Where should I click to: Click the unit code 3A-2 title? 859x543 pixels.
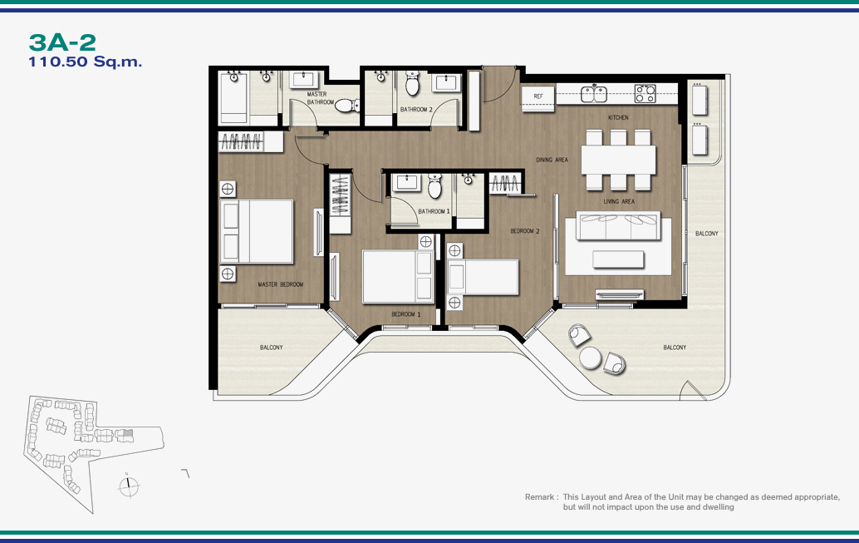pos(62,42)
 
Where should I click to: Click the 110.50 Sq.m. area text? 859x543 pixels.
pos(85,62)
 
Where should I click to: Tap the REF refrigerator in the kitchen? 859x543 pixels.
pos(538,97)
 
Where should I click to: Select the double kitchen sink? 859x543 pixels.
pos(593,94)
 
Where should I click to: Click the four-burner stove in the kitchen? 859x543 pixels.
pos(645,93)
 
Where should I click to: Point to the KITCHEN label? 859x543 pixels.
pos(618,117)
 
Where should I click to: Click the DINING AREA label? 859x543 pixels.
pos(552,160)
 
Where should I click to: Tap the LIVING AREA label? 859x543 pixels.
pos(619,201)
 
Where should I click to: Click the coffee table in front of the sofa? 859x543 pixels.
pos(618,259)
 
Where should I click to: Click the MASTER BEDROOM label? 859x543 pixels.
pos(281,284)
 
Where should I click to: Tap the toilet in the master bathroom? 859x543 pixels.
pos(346,105)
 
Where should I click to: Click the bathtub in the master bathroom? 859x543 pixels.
pos(234,97)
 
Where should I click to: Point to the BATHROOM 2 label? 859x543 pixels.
pos(416,109)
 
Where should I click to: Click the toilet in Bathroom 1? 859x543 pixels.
pos(435,186)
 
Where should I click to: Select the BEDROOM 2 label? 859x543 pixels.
pos(525,231)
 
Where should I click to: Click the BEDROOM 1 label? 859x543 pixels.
pos(406,314)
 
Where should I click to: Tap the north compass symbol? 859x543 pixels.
pos(129,486)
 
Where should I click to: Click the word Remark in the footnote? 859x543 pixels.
pos(539,497)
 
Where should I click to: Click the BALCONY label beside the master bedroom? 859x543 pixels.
pos(271,348)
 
